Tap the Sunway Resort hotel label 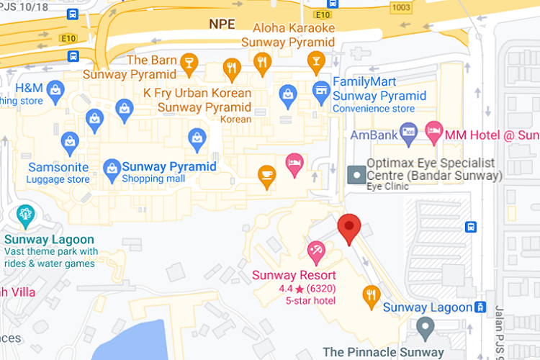294,275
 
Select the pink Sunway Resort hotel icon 315,251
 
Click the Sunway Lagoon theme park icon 27,215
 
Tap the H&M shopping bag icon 55,89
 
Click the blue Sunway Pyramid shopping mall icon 112,168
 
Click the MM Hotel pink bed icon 433,130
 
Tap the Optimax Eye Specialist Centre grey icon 356,174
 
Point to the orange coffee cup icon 267,175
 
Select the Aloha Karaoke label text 294,28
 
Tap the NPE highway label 222,24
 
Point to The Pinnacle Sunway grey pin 426,330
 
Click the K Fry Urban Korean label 197,94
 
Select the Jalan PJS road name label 499,331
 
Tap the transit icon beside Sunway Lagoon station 480,307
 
